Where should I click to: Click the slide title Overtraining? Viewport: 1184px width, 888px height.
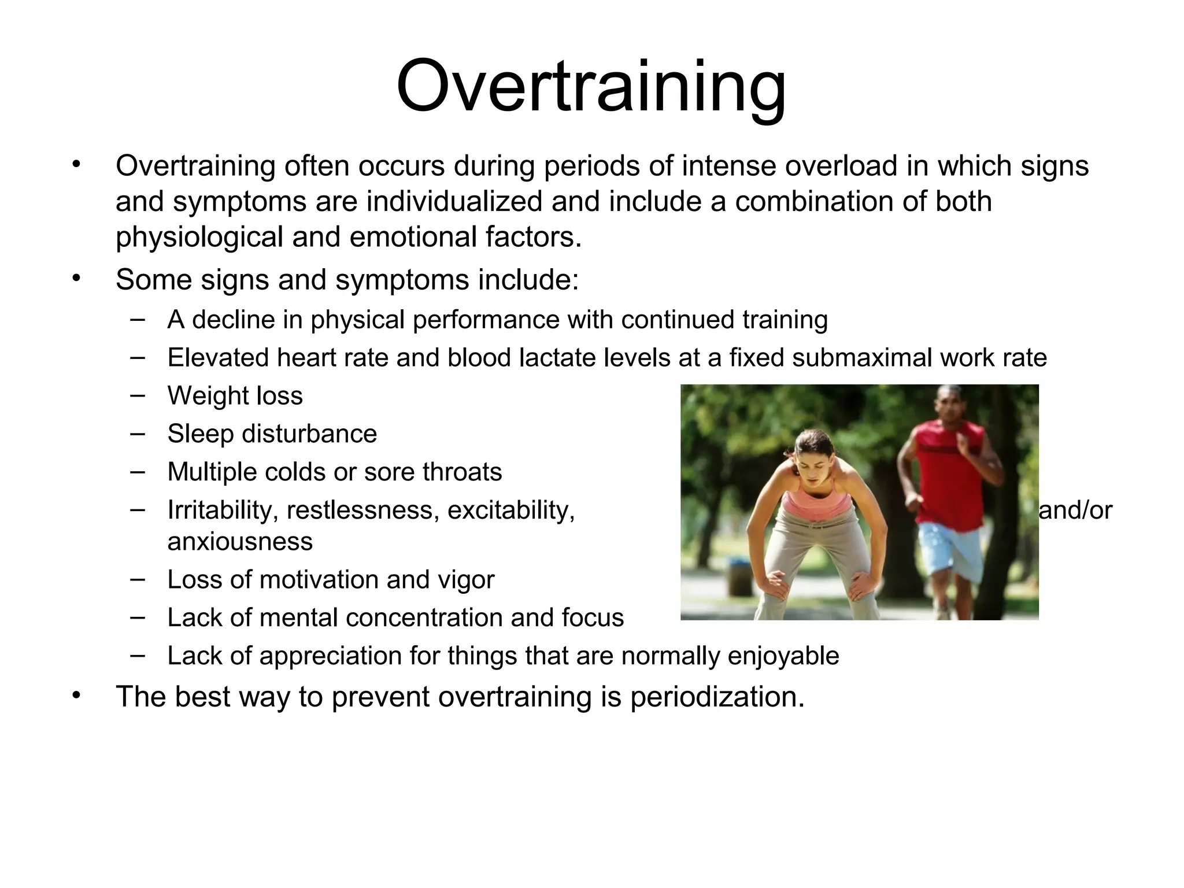tap(591, 87)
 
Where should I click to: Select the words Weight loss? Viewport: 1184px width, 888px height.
tap(235, 396)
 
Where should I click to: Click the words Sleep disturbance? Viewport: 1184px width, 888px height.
tap(272, 434)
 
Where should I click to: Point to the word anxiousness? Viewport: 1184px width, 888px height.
tap(240, 542)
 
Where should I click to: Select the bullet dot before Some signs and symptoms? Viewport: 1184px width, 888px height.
tap(75, 279)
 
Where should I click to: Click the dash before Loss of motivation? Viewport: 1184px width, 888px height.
tap(138, 579)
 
